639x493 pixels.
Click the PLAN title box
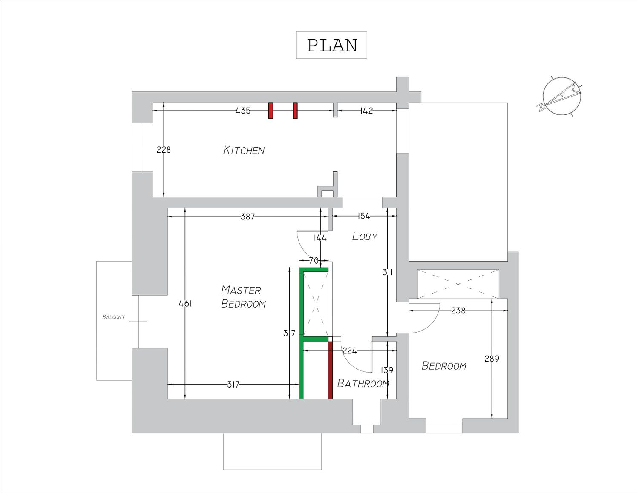pyautogui.click(x=331, y=45)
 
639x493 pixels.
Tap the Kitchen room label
pyautogui.click(x=244, y=150)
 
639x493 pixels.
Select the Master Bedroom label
pyautogui.click(x=243, y=297)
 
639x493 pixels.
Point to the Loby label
pyautogui.click(x=365, y=237)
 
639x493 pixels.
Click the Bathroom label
pyautogui.click(x=363, y=384)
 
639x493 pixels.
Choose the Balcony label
pyautogui.click(x=113, y=317)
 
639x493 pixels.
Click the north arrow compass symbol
pyautogui.click(x=560, y=96)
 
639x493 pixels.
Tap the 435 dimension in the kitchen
pyautogui.click(x=243, y=111)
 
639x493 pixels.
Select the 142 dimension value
pyautogui.click(x=366, y=111)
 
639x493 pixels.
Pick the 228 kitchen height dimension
pyautogui.click(x=164, y=150)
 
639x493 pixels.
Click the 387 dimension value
pyautogui.click(x=248, y=217)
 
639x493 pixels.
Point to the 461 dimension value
pyautogui.click(x=185, y=304)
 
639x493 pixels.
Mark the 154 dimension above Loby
pyautogui.click(x=364, y=216)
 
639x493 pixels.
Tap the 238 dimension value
pyautogui.click(x=458, y=311)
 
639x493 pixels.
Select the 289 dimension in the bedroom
pyautogui.click(x=492, y=359)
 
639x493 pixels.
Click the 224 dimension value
pyautogui.click(x=350, y=351)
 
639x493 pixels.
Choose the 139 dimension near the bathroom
pyautogui.click(x=387, y=370)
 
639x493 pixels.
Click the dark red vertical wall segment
pyautogui.click(x=330, y=370)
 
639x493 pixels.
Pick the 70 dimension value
pyautogui.click(x=314, y=260)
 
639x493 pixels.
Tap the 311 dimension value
pyautogui.click(x=388, y=273)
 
